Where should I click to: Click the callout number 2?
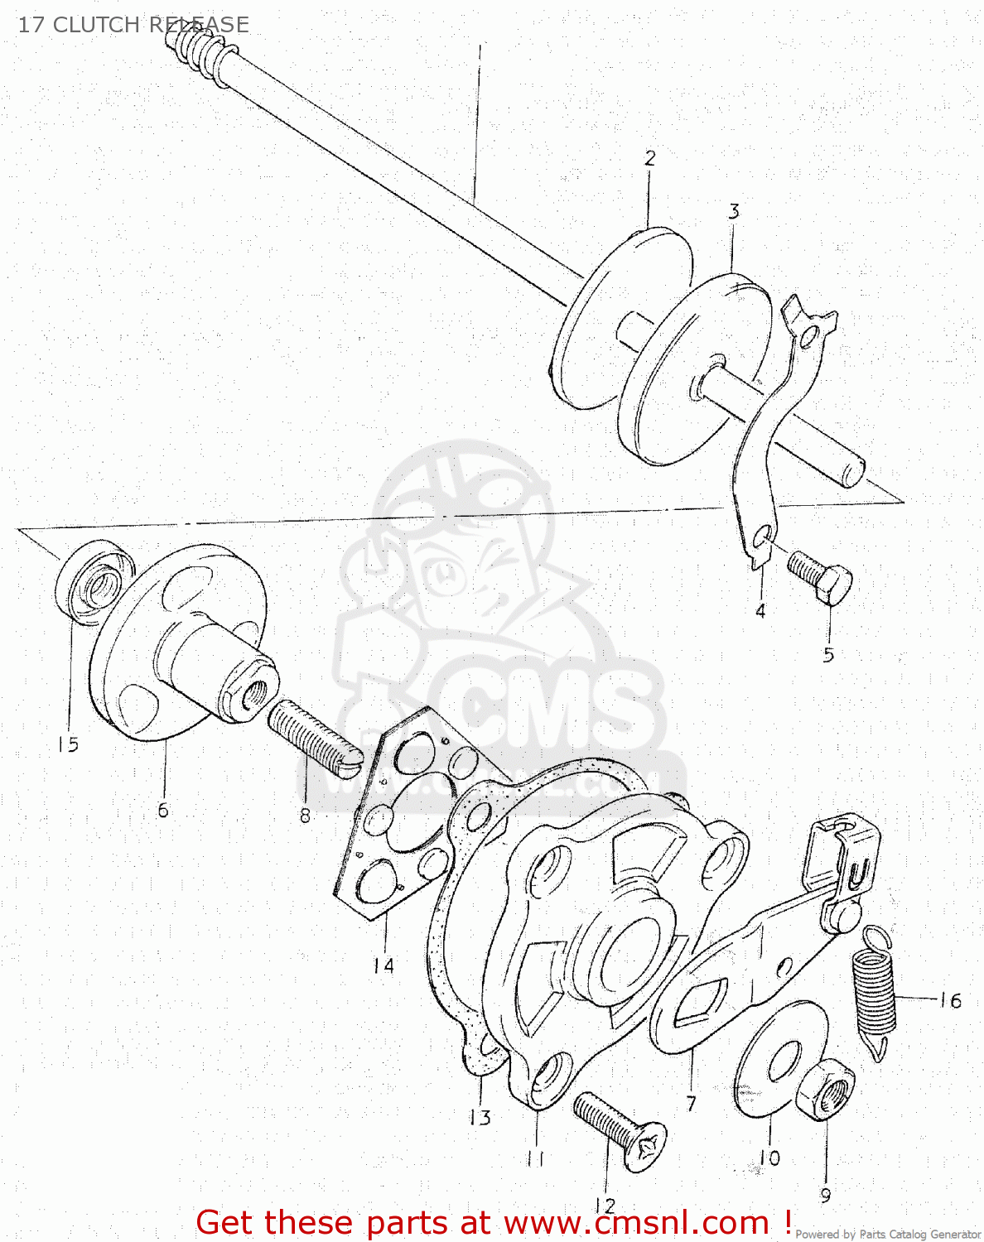click(650, 158)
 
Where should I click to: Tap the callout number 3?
click(734, 212)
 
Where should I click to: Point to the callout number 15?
click(68, 744)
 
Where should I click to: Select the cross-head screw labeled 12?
click(620, 1130)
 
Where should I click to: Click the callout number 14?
click(383, 965)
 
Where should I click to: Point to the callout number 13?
click(480, 1118)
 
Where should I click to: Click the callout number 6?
click(163, 810)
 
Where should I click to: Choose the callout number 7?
click(691, 1103)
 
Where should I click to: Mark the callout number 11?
click(535, 1158)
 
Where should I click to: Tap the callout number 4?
click(760, 611)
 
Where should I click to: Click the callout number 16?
click(950, 1000)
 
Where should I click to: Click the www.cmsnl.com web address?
click(636, 1223)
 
